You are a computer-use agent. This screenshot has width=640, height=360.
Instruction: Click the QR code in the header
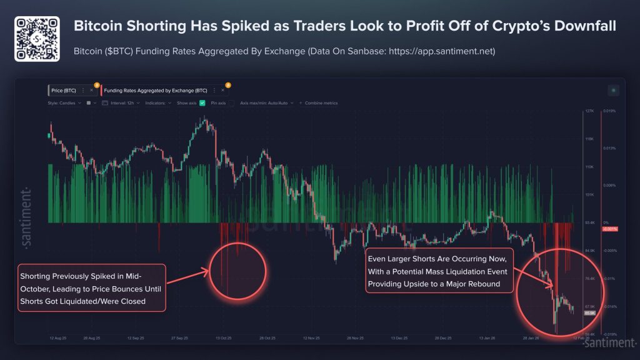point(37,39)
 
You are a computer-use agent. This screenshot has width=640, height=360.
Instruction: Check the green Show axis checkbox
point(202,102)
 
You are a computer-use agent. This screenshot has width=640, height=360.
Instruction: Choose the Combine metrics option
point(321,102)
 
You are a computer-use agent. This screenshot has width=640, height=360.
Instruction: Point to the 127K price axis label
point(589,112)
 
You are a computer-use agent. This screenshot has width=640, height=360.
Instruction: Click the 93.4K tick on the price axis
point(589,222)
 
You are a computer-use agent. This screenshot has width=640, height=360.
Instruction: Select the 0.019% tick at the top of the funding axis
point(609,112)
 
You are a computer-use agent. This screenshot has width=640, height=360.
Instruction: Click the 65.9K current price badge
point(589,312)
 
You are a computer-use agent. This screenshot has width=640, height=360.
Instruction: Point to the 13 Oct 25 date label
point(223,338)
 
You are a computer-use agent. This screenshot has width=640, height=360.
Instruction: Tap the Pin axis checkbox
point(231,102)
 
